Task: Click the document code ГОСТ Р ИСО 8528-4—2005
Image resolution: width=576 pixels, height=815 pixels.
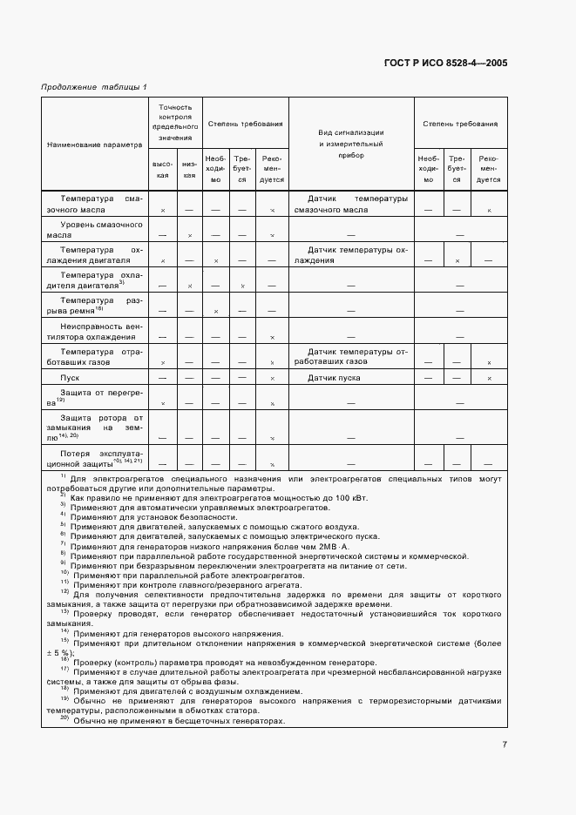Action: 447,63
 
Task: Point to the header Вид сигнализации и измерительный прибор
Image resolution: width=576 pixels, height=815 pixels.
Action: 351,144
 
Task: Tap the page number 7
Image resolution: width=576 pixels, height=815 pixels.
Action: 505,744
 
